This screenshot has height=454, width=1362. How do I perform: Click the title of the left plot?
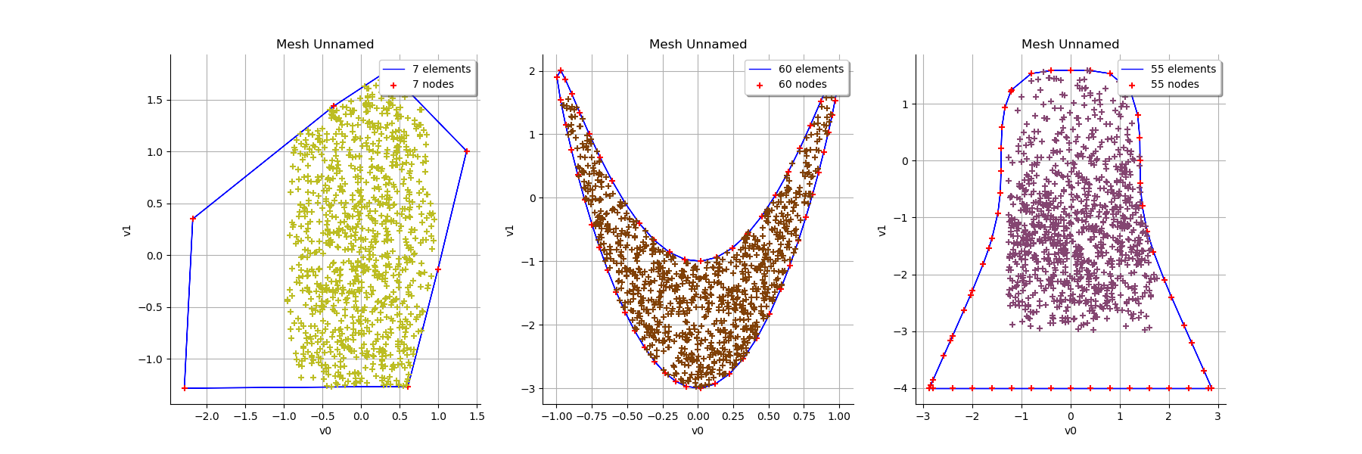[325, 44]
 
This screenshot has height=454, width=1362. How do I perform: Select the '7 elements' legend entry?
[441, 69]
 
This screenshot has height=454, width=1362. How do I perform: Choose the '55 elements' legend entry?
[1183, 69]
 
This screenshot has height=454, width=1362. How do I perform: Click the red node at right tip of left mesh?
[466, 151]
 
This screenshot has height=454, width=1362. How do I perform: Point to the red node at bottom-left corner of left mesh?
[184, 388]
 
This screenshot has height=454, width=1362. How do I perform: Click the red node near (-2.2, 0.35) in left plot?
[193, 219]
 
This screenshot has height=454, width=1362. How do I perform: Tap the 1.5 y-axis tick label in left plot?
[154, 100]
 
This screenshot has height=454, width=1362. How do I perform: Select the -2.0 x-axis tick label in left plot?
[207, 416]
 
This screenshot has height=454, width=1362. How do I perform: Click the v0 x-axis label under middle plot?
[697, 431]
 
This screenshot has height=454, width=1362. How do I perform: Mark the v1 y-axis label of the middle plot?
[510, 229]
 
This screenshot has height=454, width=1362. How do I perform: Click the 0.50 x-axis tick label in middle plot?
[768, 416]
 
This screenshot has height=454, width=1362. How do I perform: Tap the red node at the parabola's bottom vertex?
[699, 388]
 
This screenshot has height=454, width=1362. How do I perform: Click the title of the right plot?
[1070, 44]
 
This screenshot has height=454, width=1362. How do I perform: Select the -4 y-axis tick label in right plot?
[900, 388]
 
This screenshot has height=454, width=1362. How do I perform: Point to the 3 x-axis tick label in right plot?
[1217, 416]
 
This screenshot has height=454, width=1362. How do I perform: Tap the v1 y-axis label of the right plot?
[882, 229]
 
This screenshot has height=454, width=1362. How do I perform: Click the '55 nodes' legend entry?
[1174, 84]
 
